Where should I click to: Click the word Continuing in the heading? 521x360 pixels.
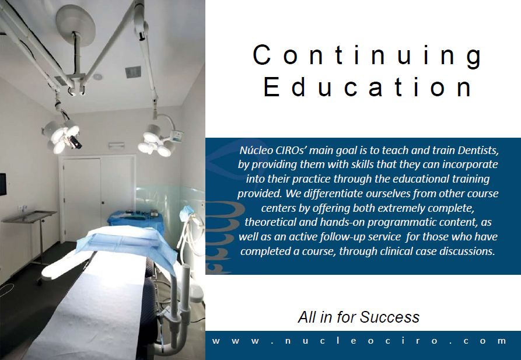(367, 56)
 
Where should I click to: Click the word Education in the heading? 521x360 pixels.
(368, 87)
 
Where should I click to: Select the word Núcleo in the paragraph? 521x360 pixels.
(256, 151)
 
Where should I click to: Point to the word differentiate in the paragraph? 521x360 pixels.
(333, 193)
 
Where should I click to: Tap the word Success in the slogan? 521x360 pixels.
(389, 317)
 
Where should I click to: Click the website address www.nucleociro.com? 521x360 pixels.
(359, 341)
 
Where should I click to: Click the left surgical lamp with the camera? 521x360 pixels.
(62, 137)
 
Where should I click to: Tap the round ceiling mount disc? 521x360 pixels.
(75, 25)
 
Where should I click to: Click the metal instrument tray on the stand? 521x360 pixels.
(29, 216)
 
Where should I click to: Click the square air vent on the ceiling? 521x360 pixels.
(133, 72)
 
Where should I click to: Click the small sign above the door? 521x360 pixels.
(116, 145)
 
